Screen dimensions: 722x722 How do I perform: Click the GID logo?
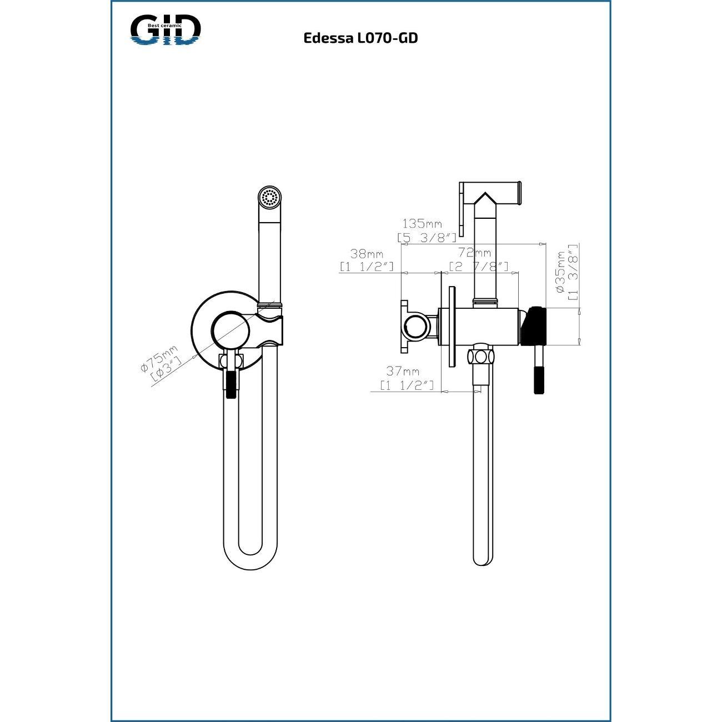166,29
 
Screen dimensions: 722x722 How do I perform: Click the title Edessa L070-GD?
360,38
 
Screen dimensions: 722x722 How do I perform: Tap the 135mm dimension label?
422,224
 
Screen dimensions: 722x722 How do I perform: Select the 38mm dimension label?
366,253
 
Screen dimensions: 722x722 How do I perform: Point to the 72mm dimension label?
474,253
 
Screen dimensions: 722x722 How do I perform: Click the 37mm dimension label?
403,372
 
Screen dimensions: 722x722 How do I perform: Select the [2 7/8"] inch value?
479,267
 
